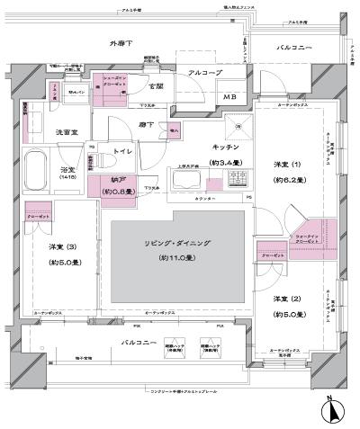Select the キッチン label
pos(225,147)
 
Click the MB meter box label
pos(229,97)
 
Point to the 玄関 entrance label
pos(156,86)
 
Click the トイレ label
pos(122,152)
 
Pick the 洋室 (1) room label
pos(281,164)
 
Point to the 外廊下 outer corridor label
pos(122,42)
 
